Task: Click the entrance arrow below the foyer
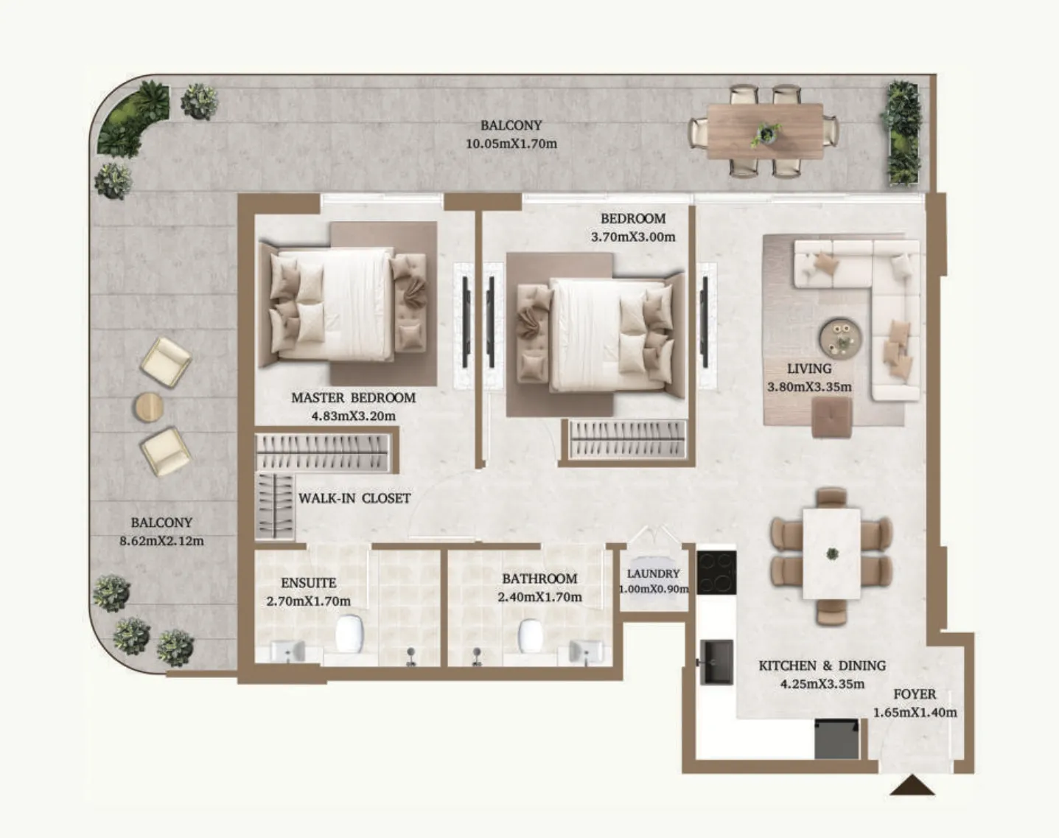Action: coord(912,786)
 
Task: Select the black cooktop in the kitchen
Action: coord(716,572)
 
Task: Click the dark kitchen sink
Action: coord(716,662)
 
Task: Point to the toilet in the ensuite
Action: coord(349,634)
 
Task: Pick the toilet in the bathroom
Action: coord(530,636)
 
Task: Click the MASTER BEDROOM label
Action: coord(353,397)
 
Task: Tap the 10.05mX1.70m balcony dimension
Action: coord(511,144)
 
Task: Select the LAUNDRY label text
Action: coord(654,573)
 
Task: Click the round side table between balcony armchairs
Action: coord(148,407)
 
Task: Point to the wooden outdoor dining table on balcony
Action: coord(765,131)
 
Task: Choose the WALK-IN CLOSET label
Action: coord(354,498)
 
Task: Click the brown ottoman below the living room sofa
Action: coord(831,417)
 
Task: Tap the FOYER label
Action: coord(915,694)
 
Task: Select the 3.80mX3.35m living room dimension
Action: coord(809,387)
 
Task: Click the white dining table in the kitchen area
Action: coord(831,554)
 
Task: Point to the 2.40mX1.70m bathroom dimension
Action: coord(540,597)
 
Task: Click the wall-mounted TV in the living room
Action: coord(705,322)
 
